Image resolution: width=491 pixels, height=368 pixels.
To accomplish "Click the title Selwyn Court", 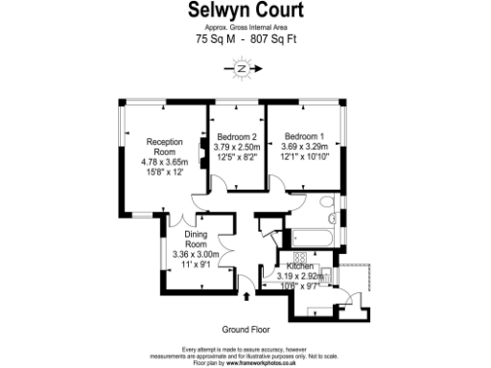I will tap(245, 11).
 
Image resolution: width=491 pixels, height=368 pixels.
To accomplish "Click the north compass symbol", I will tap(244, 69).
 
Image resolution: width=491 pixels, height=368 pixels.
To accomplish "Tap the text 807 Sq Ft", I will tap(270, 41).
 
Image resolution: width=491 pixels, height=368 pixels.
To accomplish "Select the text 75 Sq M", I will tap(216, 41).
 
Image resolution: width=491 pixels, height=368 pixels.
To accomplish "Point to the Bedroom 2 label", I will tap(237, 135).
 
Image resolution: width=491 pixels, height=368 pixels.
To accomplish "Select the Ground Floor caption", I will tap(244, 330).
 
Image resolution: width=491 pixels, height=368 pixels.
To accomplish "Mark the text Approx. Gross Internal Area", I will tap(245, 29).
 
